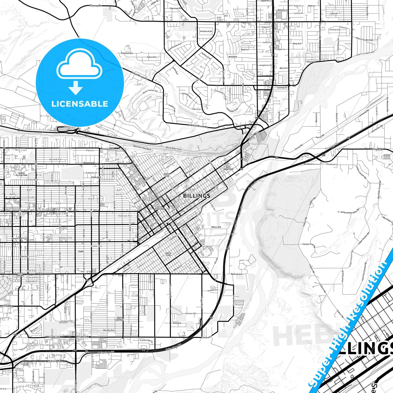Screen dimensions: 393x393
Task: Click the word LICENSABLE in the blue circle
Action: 80,104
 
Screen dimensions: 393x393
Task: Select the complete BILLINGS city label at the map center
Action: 197,196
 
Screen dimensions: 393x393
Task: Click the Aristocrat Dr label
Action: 206,31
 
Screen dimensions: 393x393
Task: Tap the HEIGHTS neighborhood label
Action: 233,57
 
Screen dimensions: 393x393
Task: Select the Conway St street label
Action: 282,88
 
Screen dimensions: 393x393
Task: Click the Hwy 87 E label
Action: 377,149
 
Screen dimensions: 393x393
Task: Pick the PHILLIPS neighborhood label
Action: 216,227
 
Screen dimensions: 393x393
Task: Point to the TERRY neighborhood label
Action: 81,251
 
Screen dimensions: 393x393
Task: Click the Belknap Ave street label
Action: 236,274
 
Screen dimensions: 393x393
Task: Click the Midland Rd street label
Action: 54,361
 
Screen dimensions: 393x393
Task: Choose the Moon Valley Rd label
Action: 150,91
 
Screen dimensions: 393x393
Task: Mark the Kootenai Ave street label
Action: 127,53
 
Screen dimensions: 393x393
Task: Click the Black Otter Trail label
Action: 174,148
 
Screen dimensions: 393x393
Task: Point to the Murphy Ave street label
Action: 109,330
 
